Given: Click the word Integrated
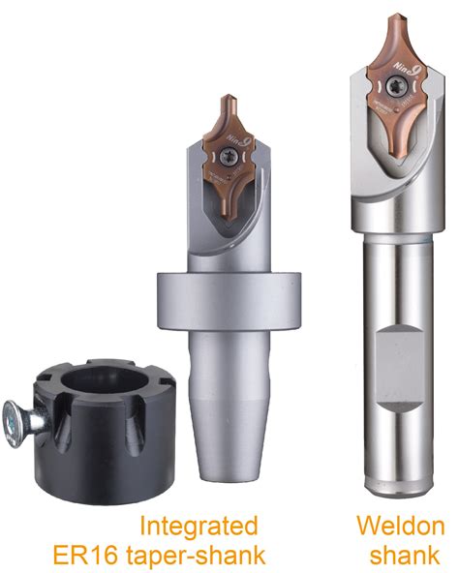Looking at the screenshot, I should pyautogui.click(x=199, y=527).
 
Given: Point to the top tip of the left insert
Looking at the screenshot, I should pyautogui.click(x=229, y=98).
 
